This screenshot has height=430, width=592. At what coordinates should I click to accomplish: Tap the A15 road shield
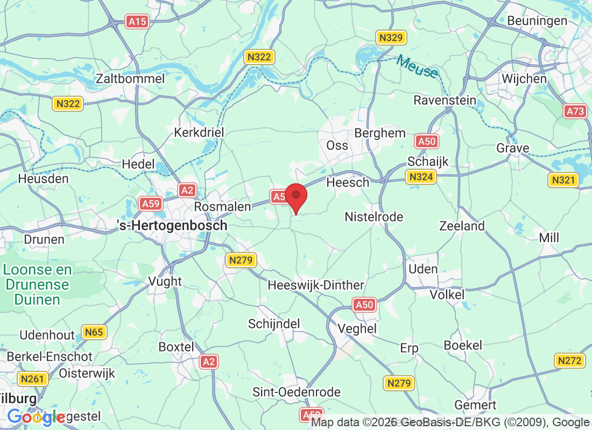coord(137,21)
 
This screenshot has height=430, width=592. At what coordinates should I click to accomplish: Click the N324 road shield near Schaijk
coord(420,177)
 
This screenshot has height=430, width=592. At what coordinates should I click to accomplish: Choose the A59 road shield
coord(150,203)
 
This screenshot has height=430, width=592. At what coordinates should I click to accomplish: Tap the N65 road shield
coord(94,332)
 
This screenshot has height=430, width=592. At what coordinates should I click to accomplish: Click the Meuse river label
coord(418,67)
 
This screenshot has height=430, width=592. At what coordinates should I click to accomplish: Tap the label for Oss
coord(337,145)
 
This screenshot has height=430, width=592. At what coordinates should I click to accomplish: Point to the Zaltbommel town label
coord(130,78)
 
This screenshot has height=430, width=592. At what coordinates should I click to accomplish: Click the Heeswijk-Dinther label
coord(316,285)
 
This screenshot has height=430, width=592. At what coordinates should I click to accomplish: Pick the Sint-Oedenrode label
coord(297,392)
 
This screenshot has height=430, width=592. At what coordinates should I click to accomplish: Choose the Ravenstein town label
coord(445,100)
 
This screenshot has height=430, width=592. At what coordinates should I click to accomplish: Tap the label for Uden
coord(424,269)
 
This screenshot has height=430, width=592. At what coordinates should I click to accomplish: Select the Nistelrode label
coord(374,217)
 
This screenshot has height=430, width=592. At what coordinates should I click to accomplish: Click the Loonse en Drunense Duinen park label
coord(37,284)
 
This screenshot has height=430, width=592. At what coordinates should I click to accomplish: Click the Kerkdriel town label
coord(199,132)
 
